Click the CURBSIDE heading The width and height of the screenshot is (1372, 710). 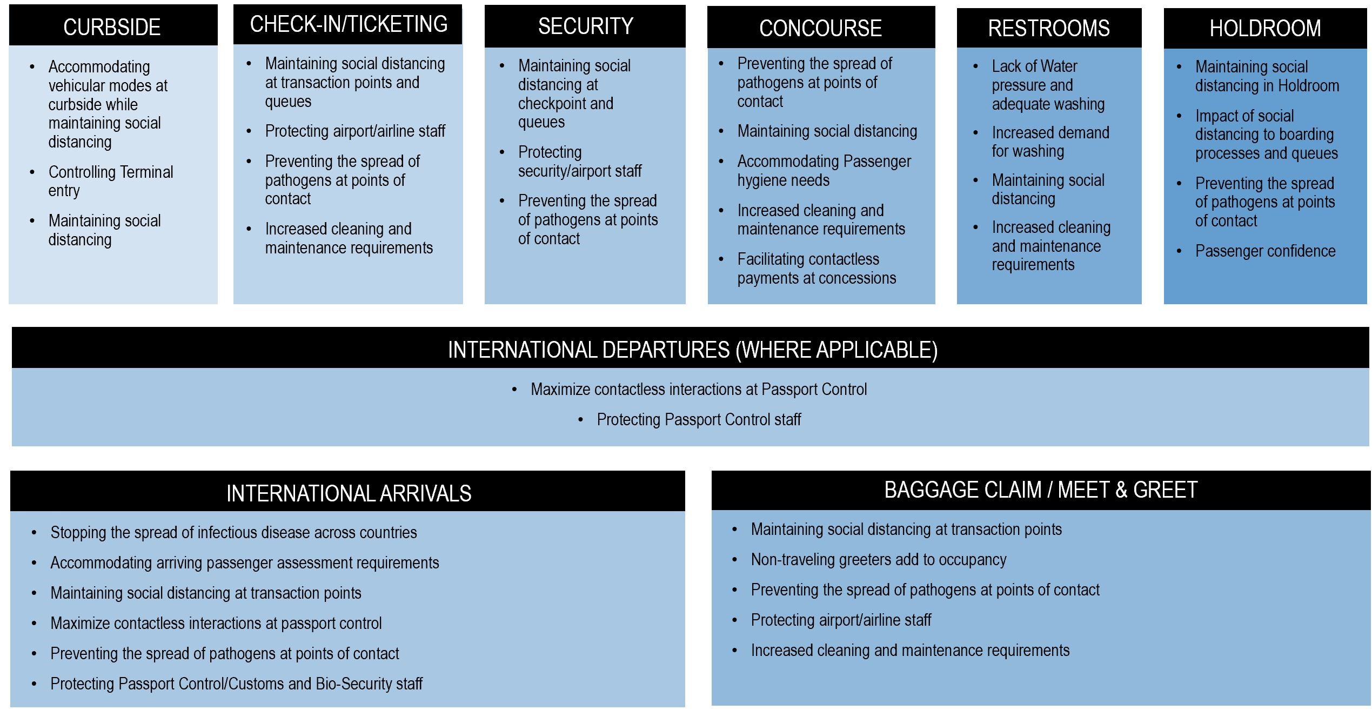(x=112, y=27)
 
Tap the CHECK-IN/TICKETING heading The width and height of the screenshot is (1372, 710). (x=349, y=24)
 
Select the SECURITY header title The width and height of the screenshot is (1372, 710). (x=586, y=26)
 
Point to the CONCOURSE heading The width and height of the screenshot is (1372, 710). (x=820, y=28)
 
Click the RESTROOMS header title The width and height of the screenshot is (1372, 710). (x=1049, y=28)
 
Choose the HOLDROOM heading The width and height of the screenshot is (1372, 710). (x=1265, y=28)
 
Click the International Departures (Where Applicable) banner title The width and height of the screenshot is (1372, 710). (x=693, y=350)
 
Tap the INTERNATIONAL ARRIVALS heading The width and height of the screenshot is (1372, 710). (x=349, y=493)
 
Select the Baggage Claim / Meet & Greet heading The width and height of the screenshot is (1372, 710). (x=1041, y=490)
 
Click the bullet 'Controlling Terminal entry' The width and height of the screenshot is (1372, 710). (x=111, y=182)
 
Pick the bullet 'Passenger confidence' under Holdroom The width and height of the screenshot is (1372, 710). (x=1265, y=251)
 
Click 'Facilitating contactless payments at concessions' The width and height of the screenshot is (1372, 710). (x=816, y=269)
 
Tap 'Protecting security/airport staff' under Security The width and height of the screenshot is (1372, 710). (x=579, y=162)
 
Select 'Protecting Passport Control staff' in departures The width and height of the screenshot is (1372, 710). (x=699, y=420)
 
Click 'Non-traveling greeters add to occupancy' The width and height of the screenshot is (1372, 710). (x=879, y=560)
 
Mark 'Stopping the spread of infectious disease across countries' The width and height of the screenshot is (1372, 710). (x=233, y=533)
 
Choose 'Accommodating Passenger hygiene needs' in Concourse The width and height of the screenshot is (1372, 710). (x=824, y=171)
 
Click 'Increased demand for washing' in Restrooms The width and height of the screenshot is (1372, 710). (x=1050, y=142)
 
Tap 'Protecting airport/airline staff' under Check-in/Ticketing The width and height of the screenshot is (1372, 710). (x=355, y=131)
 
